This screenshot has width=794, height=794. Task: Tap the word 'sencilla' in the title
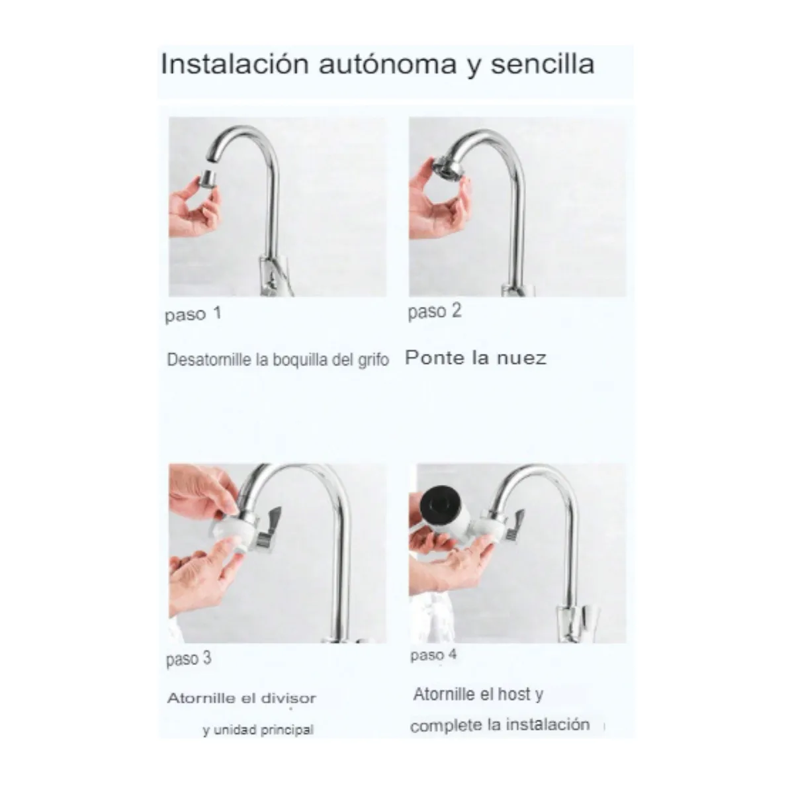click(x=542, y=65)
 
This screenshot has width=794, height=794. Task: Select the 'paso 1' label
click(x=193, y=314)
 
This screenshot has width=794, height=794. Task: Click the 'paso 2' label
click(x=434, y=312)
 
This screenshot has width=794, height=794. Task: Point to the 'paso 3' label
click(x=189, y=659)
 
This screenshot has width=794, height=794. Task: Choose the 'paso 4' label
click(x=433, y=656)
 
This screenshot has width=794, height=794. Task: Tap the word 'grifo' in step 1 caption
click(x=373, y=360)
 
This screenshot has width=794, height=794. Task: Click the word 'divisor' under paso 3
click(x=288, y=698)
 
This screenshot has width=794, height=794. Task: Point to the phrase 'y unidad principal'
click(x=258, y=730)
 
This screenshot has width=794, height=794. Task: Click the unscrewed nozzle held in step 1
click(x=208, y=178)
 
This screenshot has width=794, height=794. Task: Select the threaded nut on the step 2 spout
click(x=447, y=165)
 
